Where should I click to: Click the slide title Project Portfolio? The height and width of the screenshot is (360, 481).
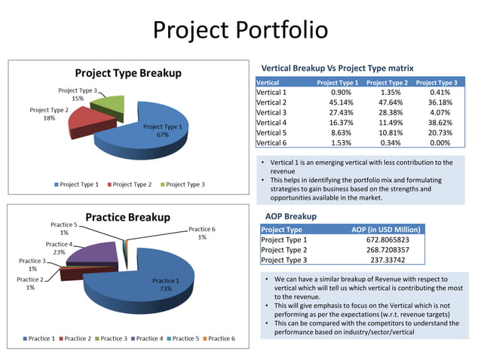[240, 30]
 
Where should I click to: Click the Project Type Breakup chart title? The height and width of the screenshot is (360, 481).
[127, 73]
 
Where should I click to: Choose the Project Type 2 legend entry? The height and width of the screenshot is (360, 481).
[133, 185]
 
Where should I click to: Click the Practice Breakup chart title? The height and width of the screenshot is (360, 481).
[127, 217]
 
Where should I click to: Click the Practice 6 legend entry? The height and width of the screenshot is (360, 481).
[216, 339]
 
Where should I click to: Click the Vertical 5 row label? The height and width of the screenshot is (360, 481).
[272, 132]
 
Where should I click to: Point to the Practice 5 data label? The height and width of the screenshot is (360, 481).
[64, 228]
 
